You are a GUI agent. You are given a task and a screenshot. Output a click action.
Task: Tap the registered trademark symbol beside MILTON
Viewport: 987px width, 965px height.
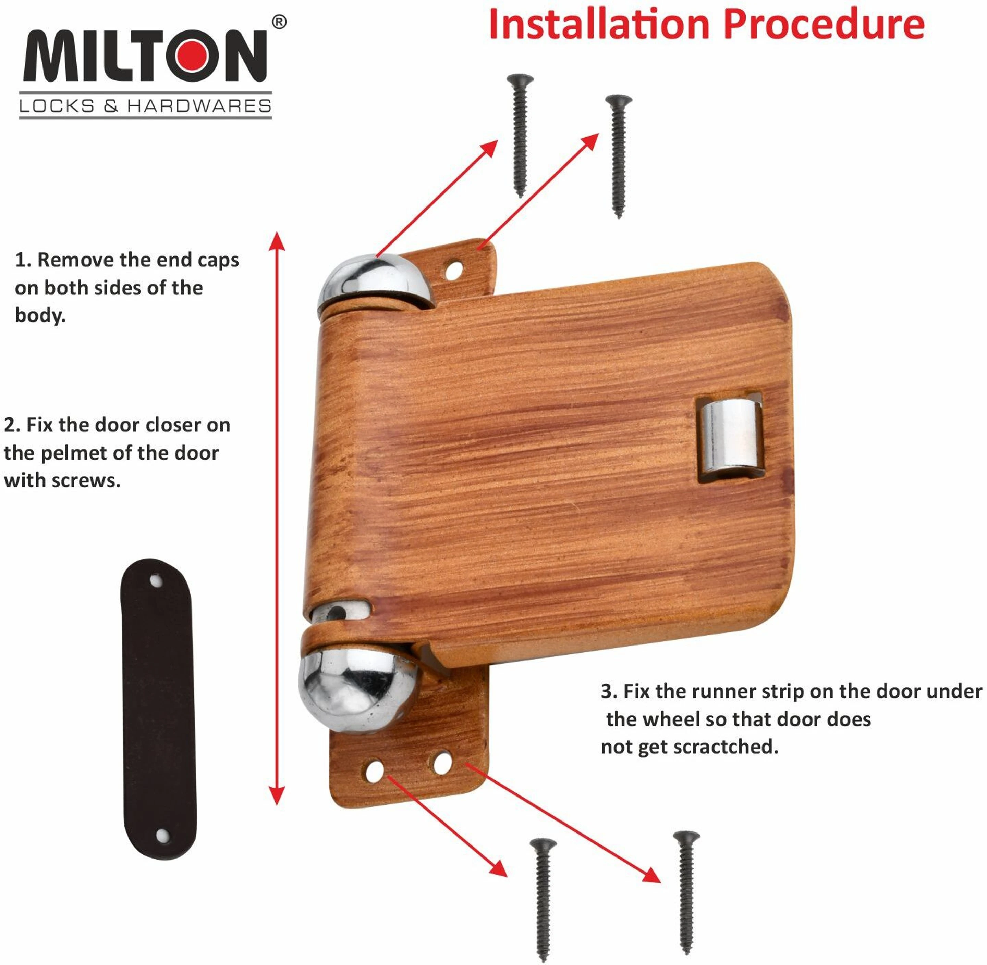pyautogui.click(x=279, y=22)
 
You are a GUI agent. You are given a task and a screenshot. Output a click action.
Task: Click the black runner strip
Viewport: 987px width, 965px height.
pyautogui.click(x=158, y=709)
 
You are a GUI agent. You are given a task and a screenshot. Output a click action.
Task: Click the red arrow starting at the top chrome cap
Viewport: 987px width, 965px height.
pyautogui.click(x=437, y=199)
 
